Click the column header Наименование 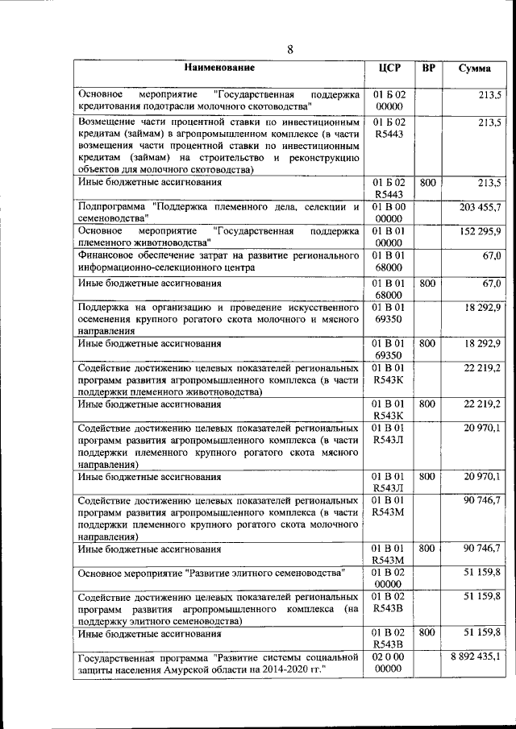coord(218,68)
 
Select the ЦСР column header coord(389,68)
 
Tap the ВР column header coord(429,68)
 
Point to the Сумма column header coord(475,68)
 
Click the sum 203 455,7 coord(480,207)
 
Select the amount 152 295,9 coord(481,231)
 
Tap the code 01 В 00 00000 coord(389,213)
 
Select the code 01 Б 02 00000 coord(389,100)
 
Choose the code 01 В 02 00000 coord(389,578)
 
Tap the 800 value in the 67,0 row coord(428,284)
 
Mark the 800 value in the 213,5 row coord(428,183)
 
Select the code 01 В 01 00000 coord(389,237)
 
